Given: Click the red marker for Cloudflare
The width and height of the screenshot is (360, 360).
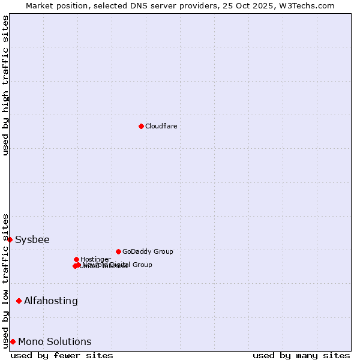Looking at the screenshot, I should point(141,126).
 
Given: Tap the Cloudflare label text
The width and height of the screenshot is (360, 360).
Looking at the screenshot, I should point(161,126).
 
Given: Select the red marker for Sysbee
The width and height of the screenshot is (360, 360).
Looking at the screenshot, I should point(10,239).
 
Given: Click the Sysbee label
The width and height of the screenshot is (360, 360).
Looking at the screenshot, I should point(32,240).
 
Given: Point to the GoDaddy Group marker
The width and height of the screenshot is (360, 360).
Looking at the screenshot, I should point(118,251).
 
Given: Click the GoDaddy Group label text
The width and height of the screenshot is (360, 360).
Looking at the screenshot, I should point(148,251).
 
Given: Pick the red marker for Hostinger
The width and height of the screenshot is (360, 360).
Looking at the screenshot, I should point(76,259).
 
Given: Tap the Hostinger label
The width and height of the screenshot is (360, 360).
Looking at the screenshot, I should point(95,259).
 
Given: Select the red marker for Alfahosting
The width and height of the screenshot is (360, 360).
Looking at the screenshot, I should point(19,301).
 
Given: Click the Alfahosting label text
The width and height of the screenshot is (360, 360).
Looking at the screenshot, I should point(51,301).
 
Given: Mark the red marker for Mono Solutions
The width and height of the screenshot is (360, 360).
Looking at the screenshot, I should point(13,341).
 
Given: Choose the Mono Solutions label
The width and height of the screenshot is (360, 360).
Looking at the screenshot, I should point(55,342).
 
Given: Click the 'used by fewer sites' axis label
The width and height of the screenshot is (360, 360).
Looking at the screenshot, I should point(62,355).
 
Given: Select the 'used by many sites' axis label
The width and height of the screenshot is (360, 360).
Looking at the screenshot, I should point(301,355).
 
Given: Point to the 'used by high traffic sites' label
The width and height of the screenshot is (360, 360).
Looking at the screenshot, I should point(5,85).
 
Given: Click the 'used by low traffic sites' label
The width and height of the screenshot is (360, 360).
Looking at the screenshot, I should point(5,280).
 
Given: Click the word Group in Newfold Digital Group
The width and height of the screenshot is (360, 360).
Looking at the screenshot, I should point(142,265).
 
